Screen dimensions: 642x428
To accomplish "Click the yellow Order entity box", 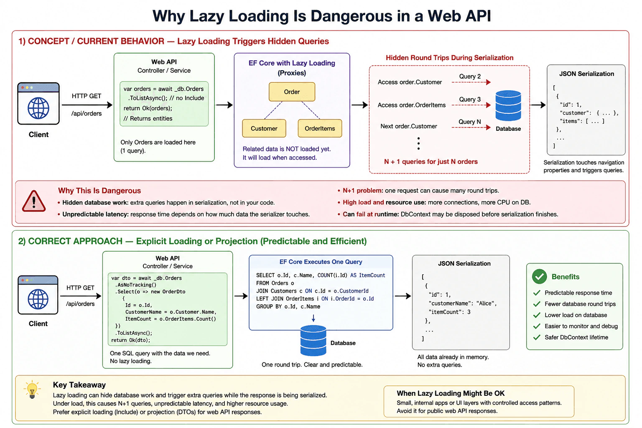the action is click(x=292, y=92).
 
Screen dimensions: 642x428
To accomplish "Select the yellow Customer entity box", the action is click(x=264, y=128).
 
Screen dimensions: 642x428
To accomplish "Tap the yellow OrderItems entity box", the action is click(x=320, y=128).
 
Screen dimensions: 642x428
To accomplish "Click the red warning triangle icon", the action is click(x=34, y=201).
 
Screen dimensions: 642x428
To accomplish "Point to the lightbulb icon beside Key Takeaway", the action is click(x=32, y=389).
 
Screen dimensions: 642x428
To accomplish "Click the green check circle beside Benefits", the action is click(x=540, y=276).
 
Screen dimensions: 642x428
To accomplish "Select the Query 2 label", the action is click(x=470, y=76).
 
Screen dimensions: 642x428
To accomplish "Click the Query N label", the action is click(x=469, y=122).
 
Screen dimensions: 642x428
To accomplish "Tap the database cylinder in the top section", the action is click(x=508, y=105).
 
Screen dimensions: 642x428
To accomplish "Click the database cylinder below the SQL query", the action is click(x=313, y=341).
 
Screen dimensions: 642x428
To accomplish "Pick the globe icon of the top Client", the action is click(x=38, y=108).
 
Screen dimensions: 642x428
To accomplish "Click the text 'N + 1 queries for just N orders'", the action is click(x=431, y=162).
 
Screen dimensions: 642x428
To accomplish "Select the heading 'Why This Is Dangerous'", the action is click(x=99, y=191).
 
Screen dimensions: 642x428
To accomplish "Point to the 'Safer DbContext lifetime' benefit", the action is click(x=576, y=337).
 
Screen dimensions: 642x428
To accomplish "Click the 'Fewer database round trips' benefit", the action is click(x=580, y=304).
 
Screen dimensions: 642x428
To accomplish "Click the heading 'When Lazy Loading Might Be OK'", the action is click(x=451, y=393).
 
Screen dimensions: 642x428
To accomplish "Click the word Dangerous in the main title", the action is click(x=351, y=16).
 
